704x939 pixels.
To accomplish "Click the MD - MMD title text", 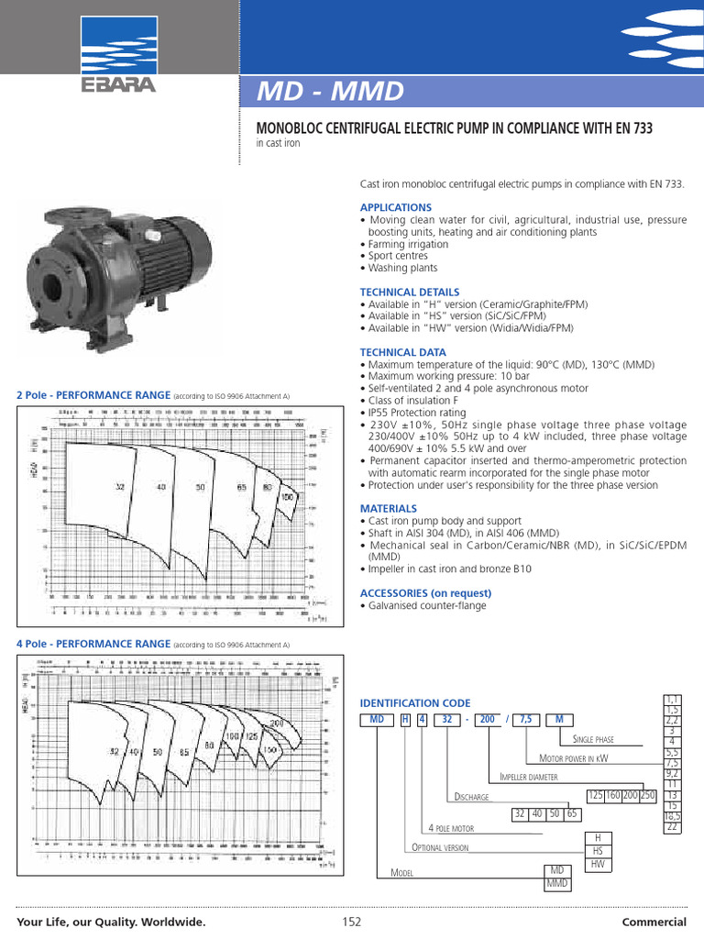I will [330, 92].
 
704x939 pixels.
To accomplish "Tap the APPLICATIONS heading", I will [395, 208].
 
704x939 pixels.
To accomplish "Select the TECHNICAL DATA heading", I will [402, 352].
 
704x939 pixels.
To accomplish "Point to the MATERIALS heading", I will [388, 508].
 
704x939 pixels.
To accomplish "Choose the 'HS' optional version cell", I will [598, 851].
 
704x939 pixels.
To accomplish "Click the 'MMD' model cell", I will [556, 883].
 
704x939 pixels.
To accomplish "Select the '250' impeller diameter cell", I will [647, 795].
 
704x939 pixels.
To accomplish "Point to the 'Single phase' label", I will [593, 739].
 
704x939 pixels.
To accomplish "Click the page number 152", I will [352, 922].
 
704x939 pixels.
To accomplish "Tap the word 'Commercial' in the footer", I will [654, 922].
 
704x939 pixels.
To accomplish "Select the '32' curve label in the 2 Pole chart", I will [119, 486].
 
